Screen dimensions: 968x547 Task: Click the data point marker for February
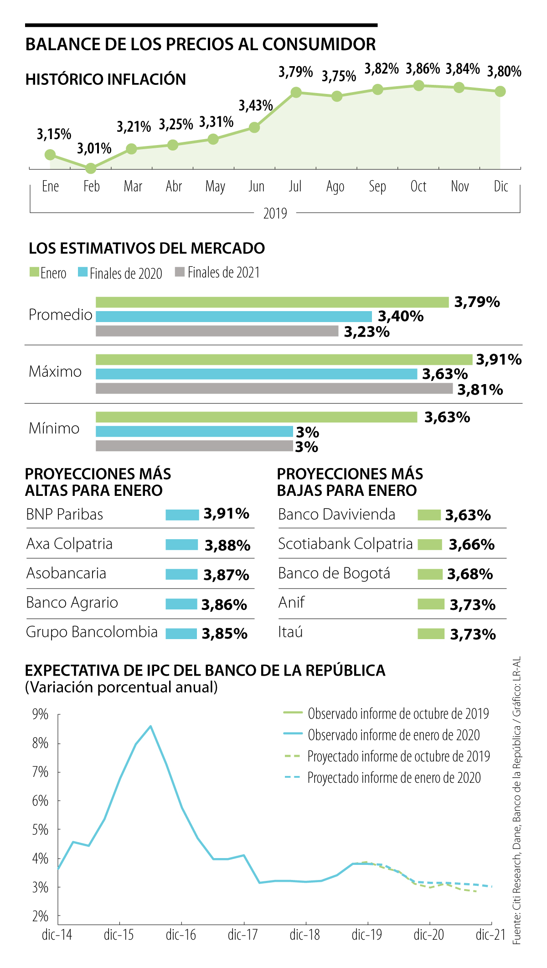[x=91, y=169]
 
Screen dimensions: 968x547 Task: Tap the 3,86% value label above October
[x=423, y=69]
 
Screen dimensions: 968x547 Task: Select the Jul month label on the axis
[x=295, y=186]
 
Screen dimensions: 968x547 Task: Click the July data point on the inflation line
[x=296, y=93]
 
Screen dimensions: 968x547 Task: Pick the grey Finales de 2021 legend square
[x=180, y=272]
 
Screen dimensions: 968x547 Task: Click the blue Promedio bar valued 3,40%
[x=233, y=316]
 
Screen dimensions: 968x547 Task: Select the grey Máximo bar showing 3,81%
[x=273, y=388]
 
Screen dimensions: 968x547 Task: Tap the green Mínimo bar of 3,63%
[x=256, y=417]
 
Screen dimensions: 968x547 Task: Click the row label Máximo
[x=55, y=372]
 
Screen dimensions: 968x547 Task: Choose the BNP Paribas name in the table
[x=65, y=514]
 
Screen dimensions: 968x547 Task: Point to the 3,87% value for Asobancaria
[x=226, y=575]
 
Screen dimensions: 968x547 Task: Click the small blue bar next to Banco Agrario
[x=181, y=604]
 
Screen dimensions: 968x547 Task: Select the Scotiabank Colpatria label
[x=345, y=544]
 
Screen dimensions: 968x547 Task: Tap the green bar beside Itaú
[x=431, y=634]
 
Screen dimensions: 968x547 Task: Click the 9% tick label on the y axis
[x=40, y=714]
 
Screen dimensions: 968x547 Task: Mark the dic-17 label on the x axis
[x=243, y=935]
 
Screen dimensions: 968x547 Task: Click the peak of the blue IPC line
[x=150, y=726]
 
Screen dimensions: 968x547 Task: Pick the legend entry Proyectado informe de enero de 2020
[x=394, y=777]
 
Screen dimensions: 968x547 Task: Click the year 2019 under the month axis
[x=275, y=213]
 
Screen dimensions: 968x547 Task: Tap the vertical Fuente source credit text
[x=516, y=800]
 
